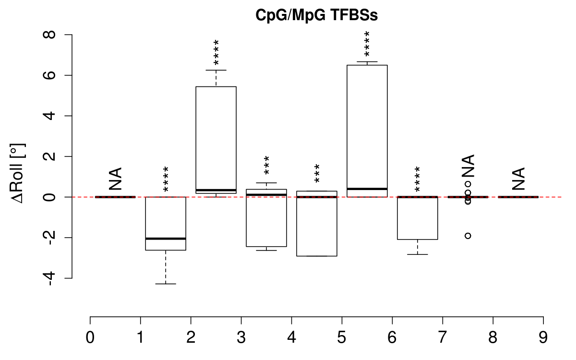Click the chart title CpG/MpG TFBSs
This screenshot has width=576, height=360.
(317, 15)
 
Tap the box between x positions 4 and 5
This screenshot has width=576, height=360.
(317, 226)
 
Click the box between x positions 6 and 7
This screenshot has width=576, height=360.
(418, 218)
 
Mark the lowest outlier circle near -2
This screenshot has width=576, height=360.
(468, 236)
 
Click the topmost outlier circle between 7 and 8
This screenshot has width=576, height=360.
(468, 184)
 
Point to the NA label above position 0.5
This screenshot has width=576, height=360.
(115, 179)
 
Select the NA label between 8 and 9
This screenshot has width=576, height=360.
(518, 179)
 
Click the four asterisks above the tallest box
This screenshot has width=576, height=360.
(367, 44)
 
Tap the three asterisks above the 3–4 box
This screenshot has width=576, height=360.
(266, 166)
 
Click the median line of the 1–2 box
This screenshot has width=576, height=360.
(166, 239)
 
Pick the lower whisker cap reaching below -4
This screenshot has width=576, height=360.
(166, 284)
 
